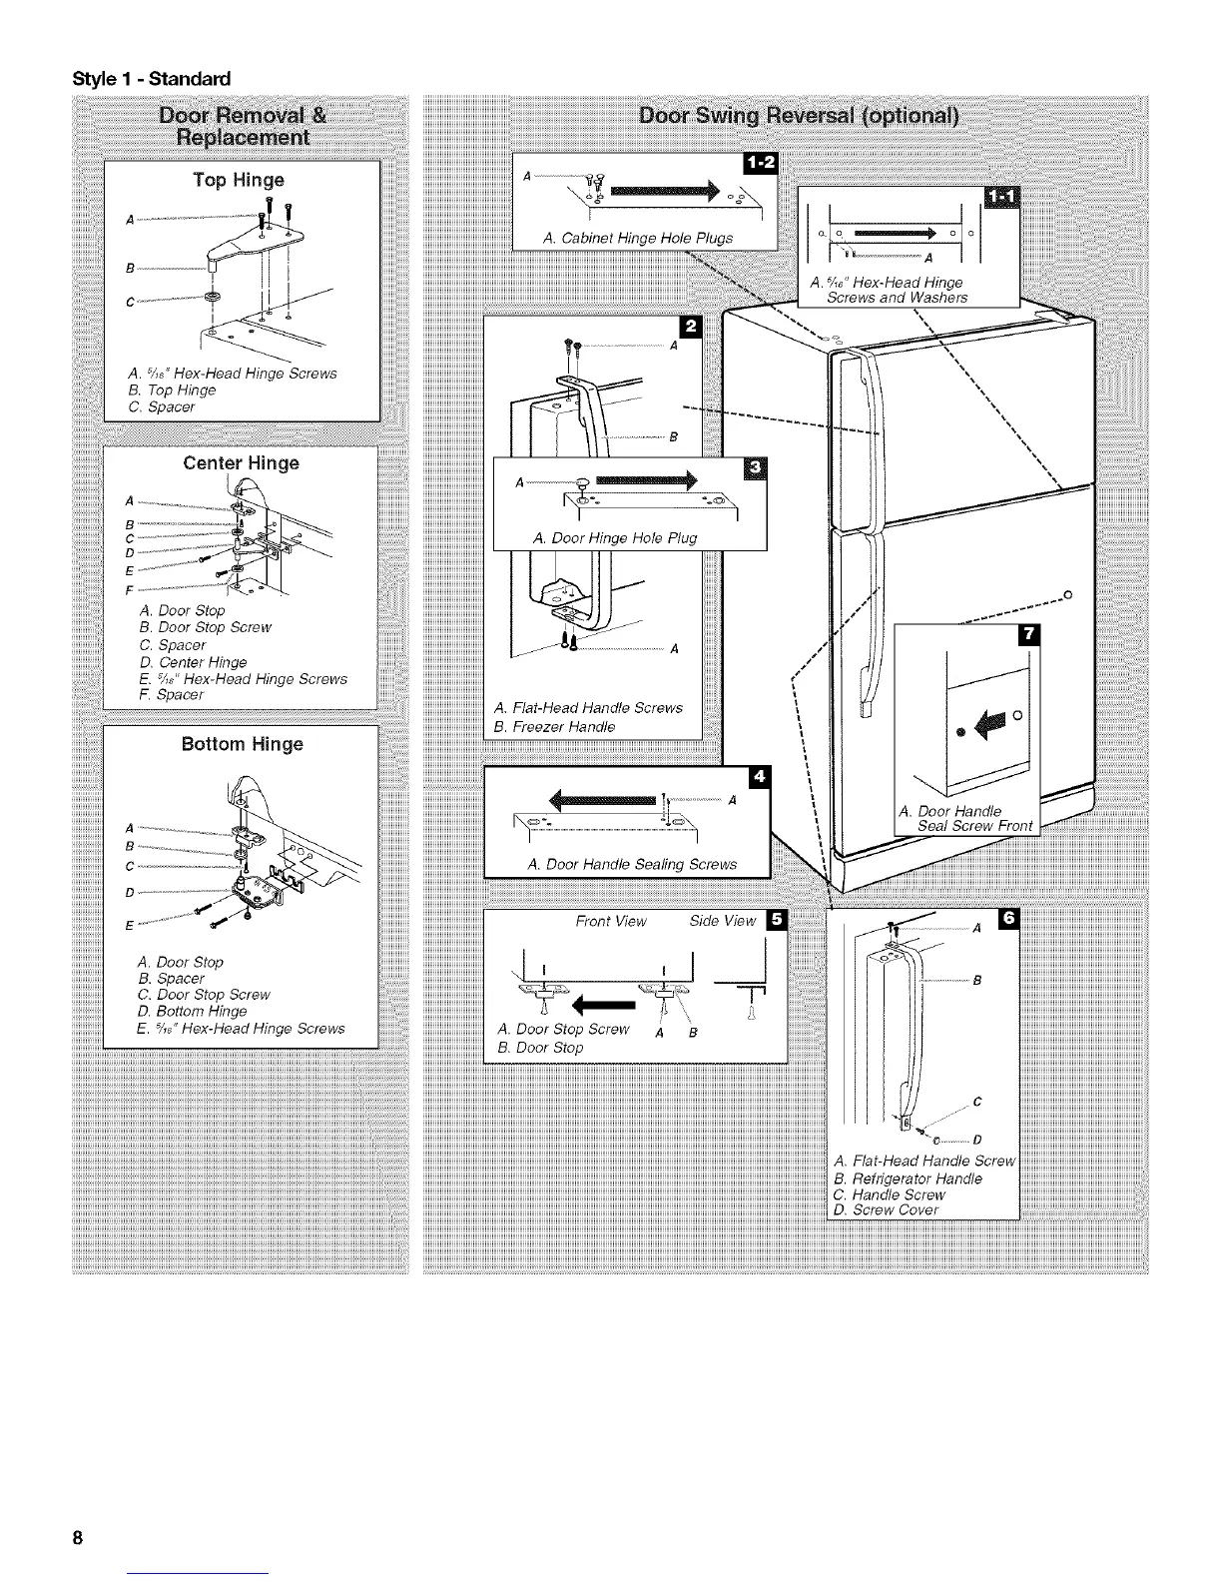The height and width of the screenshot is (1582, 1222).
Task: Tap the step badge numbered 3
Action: coord(758,469)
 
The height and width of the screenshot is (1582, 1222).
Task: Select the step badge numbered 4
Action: coord(760,777)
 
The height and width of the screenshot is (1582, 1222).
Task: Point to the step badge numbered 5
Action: coord(777,921)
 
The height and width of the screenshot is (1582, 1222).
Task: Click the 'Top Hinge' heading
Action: coord(239,180)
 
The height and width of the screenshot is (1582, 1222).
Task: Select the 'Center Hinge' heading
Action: coord(241,463)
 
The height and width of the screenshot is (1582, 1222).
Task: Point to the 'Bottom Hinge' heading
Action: coord(242,744)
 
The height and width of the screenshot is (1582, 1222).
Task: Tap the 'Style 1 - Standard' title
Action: coord(150,78)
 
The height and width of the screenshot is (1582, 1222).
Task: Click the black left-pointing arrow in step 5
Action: coord(603,1000)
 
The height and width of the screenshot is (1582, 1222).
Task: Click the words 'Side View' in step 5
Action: coord(723,921)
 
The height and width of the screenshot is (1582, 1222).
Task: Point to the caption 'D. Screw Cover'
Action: coord(886,1210)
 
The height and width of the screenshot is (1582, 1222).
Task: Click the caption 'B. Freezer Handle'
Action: coord(555,726)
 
